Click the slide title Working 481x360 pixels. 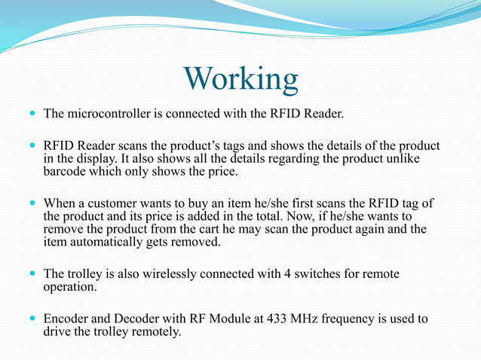[x=240, y=79]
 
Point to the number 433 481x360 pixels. [x=278, y=319]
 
